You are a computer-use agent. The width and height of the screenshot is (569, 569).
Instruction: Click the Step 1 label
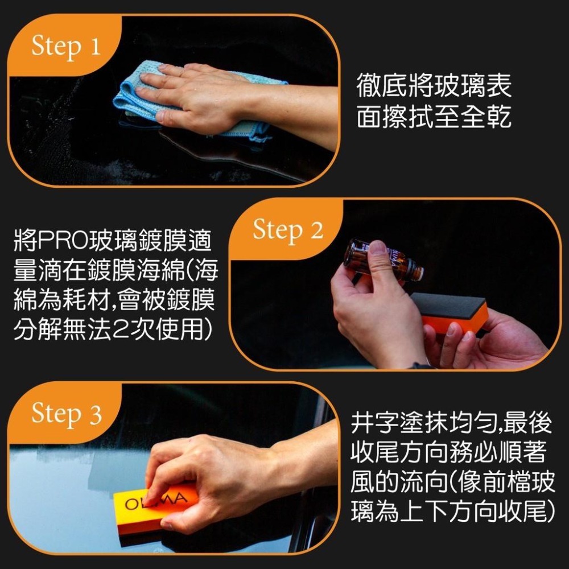65,46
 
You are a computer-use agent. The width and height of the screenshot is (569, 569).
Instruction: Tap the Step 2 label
288,230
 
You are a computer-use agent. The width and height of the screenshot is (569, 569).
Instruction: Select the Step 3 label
66,414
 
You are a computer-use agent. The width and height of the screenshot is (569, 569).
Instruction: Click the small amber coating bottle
381,262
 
